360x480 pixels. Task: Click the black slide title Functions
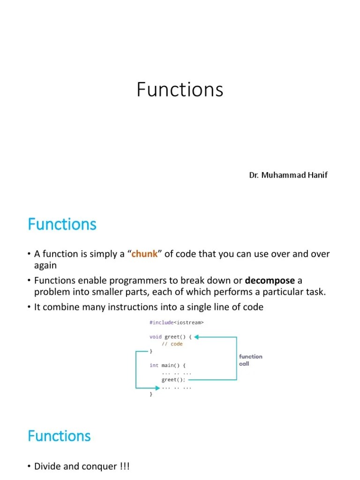(180, 90)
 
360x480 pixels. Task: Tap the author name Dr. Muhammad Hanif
(288, 175)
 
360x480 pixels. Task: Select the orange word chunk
(144, 254)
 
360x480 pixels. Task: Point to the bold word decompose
(270, 281)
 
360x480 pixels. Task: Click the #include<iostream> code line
(177, 322)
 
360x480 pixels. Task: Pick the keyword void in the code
(155, 337)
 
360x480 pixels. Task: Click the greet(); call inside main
(173, 380)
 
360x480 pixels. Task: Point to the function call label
(250, 360)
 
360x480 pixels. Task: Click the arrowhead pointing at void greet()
(197, 337)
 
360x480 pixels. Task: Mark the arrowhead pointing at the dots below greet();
(157, 388)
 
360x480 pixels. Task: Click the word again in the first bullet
(45, 265)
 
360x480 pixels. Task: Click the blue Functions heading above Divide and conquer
(59, 436)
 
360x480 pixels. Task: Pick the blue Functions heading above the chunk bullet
(62, 225)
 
